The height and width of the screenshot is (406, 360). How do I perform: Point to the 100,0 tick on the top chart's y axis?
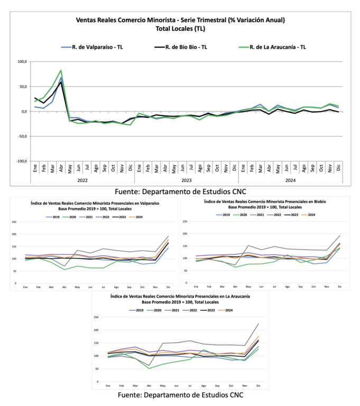(22, 62)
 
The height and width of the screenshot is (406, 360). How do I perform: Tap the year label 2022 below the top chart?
(82, 180)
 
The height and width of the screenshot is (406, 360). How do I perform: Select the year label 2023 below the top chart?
(186, 180)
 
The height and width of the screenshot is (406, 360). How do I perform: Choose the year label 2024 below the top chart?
(290, 180)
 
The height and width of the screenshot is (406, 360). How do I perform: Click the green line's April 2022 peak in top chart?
(61, 70)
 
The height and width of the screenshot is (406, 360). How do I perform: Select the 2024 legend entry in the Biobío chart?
(311, 215)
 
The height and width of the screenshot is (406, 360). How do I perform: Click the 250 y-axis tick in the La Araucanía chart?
(96, 318)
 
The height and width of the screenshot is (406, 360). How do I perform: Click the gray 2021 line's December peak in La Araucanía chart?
(259, 324)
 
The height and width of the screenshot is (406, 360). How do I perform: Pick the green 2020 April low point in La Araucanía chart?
(150, 368)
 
